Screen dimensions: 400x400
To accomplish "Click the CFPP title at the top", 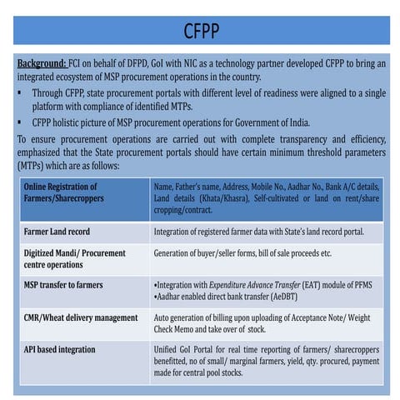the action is [x=201, y=31].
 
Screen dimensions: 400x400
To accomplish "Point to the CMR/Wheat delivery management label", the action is [x=80, y=317].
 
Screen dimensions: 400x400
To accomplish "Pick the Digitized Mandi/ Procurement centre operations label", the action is [x=73, y=258].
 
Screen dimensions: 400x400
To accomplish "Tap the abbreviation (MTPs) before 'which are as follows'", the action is [x=35, y=166].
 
